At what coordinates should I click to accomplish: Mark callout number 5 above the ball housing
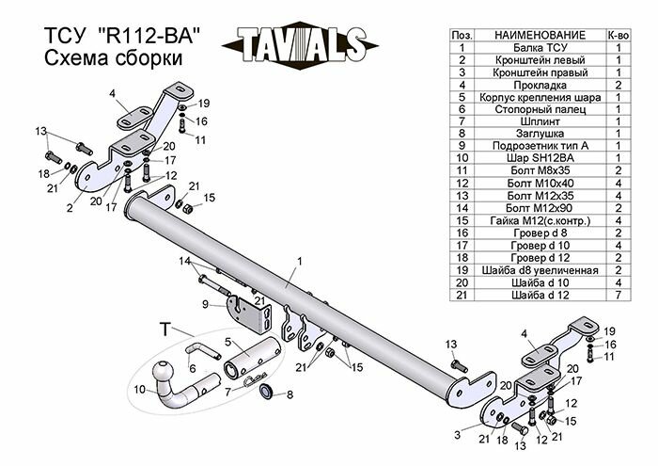pos(226,343)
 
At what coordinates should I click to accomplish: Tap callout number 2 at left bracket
pos(70,208)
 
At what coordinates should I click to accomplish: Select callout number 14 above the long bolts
pos(185,260)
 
